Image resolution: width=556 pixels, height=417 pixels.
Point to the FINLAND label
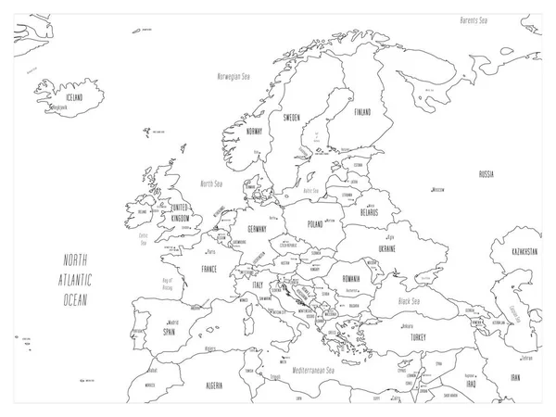tap(362, 113)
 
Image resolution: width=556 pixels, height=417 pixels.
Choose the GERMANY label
tap(256, 229)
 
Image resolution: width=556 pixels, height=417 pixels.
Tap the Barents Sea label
tap(480, 19)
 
